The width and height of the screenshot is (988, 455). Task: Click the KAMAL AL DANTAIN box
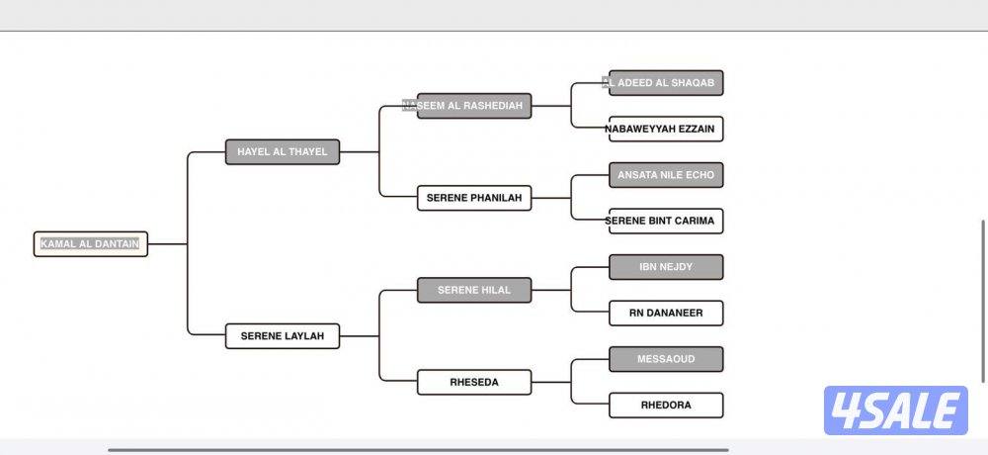point(91,243)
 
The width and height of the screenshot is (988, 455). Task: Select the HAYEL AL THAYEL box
point(283,151)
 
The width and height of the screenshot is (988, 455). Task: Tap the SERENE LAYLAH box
point(283,336)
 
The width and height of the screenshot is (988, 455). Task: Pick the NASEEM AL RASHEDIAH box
point(474,106)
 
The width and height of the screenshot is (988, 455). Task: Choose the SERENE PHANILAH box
point(474,198)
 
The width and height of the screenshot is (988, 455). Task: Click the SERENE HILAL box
point(474,290)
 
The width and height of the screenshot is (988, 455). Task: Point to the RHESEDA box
point(474,383)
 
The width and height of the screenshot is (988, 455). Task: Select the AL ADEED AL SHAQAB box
point(666,83)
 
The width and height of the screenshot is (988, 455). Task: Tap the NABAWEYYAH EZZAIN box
point(666,129)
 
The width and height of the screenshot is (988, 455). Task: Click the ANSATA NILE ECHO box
point(666,175)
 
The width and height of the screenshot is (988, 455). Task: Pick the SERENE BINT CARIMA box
point(666,221)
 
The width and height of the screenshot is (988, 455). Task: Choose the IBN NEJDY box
point(666,267)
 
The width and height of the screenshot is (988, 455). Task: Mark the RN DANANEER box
point(666,313)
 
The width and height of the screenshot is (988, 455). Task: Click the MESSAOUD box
point(666,359)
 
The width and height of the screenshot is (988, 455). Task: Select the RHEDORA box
point(666,405)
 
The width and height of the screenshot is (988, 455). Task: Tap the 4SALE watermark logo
point(895,410)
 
